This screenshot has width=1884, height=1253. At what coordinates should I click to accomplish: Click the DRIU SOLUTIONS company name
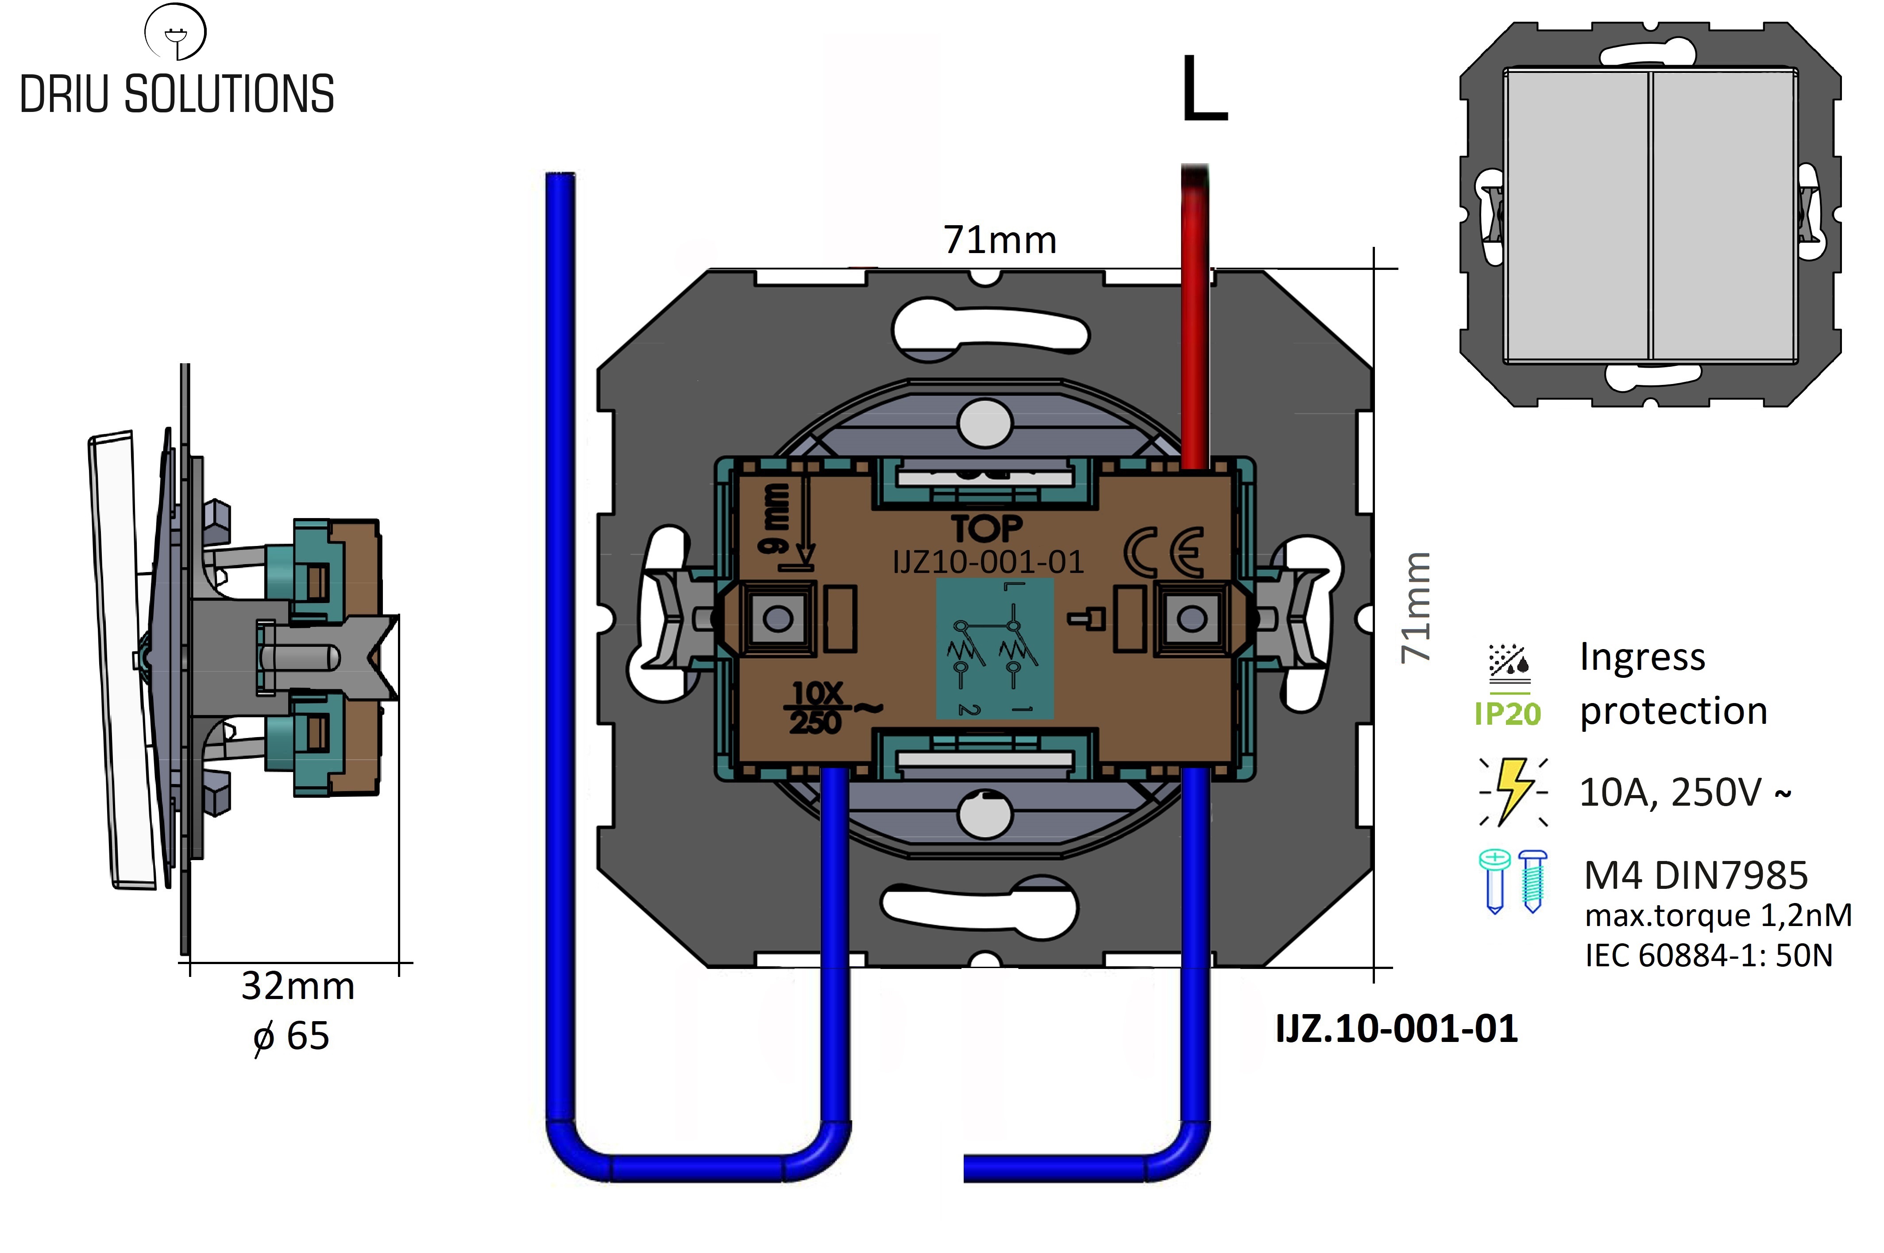pos(177,94)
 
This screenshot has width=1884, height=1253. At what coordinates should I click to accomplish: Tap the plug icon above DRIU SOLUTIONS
pos(175,32)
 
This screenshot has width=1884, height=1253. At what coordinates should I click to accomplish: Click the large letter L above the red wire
pos(1204,89)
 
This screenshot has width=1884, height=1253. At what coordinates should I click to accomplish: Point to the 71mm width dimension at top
pos(1000,240)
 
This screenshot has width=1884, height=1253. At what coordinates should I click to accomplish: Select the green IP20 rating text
pos(1508,714)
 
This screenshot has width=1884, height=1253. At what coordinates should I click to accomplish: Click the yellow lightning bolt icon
pos(1513,791)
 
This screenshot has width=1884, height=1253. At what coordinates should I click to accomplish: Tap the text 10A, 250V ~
pos(1685,792)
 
